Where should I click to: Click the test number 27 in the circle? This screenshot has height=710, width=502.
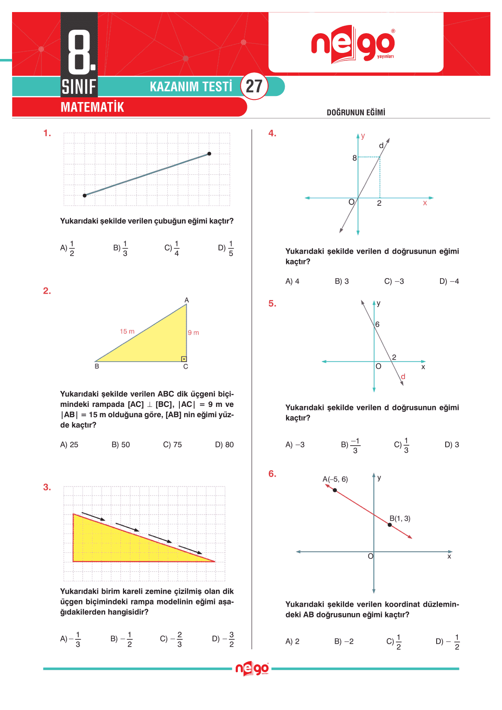click(x=254, y=86)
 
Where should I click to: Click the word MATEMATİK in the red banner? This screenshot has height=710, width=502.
click(x=92, y=107)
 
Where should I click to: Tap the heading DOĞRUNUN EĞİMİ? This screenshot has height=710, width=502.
click(x=356, y=113)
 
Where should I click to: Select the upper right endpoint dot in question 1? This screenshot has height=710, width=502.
click(x=209, y=154)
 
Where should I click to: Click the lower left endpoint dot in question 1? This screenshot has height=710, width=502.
click(x=85, y=195)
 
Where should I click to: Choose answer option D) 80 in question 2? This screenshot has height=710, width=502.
click(x=224, y=445)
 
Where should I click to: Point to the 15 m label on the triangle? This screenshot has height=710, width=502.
click(x=127, y=332)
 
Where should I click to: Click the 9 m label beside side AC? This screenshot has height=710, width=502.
click(x=194, y=333)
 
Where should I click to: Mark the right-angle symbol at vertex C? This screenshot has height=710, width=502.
click(x=184, y=359)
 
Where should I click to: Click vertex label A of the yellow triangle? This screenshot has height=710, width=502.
click(x=187, y=300)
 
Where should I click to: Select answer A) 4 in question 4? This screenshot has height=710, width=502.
click(x=293, y=282)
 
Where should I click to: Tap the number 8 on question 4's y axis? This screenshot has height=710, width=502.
click(x=354, y=158)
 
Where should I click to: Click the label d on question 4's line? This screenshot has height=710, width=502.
click(x=381, y=146)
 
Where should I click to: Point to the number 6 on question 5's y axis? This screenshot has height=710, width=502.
click(x=378, y=325)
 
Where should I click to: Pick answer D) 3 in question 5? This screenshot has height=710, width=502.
click(x=452, y=445)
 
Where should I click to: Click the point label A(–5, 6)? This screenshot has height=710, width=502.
click(x=335, y=479)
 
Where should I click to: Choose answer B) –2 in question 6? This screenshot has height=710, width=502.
click(x=344, y=642)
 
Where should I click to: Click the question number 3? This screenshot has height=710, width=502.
click(x=47, y=487)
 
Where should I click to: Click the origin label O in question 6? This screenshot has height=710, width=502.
click(x=370, y=556)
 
